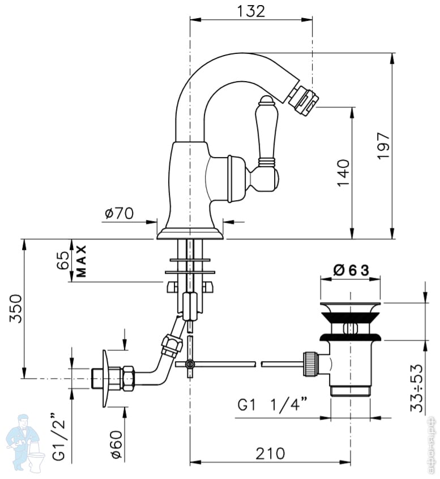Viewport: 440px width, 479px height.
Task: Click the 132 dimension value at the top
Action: pyautogui.click(x=251, y=11)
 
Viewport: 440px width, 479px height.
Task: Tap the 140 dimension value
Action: pyautogui.click(x=342, y=173)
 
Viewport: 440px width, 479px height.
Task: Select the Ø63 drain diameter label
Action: pyautogui.click(x=351, y=270)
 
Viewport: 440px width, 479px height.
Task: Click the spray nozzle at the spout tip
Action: pyautogui.click(x=304, y=98)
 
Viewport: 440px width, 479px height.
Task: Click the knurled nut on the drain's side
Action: pyautogui.click(x=309, y=363)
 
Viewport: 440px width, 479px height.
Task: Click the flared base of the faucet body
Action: pyautogui.click(x=190, y=232)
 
